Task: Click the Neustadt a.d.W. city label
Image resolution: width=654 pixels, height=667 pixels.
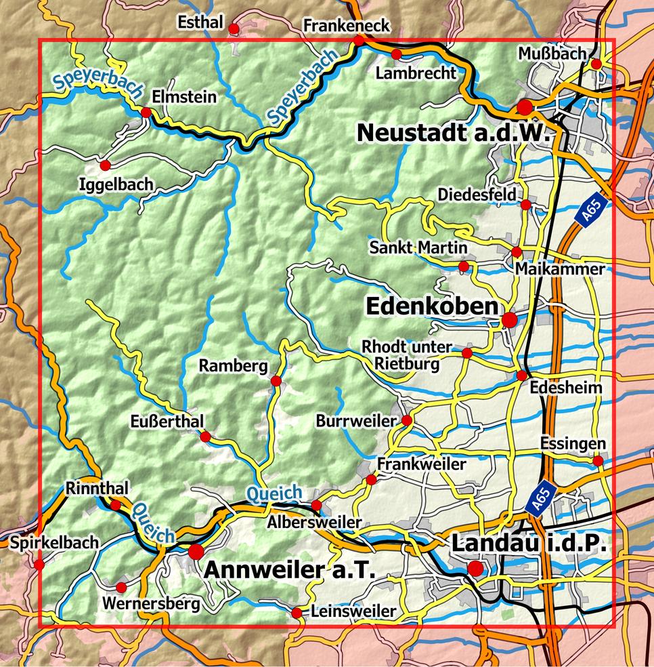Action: tap(452, 132)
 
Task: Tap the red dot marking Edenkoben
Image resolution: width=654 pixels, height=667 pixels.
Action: tap(509, 319)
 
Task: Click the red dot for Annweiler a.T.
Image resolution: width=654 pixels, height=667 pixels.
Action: tap(196, 551)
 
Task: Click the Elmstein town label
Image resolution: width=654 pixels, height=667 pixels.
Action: tap(185, 97)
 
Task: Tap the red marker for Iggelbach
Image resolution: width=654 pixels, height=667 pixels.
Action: tap(105, 165)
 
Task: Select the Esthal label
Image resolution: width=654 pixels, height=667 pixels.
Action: tap(200, 23)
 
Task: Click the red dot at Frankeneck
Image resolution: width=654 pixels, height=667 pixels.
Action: tap(359, 41)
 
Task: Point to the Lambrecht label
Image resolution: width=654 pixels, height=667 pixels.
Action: tap(416, 73)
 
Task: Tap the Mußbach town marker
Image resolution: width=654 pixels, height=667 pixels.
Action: tap(596, 64)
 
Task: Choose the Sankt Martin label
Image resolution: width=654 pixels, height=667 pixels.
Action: tap(418, 247)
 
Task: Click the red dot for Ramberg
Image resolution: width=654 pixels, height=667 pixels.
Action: tap(276, 381)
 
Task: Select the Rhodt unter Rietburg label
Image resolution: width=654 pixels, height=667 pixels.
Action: tap(406, 355)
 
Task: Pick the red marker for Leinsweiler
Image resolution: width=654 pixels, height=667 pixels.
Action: tap(297, 613)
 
